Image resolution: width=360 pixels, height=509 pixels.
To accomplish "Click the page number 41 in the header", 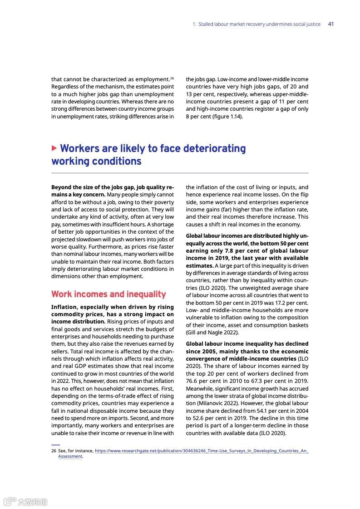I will (x=330, y=24).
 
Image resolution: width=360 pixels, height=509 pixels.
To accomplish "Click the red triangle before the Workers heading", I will (x=54, y=148).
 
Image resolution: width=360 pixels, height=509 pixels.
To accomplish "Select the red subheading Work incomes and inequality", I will (x=108, y=294).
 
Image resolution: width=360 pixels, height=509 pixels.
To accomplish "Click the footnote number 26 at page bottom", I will (x=54, y=451).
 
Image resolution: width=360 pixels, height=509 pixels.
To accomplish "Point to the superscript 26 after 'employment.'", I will (x=172, y=78).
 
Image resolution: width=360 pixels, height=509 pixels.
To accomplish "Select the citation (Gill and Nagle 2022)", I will (x=212, y=333).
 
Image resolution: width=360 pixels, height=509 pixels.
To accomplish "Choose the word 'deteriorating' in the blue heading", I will (x=210, y=149).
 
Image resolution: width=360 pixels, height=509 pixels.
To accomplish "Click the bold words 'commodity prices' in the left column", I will (x=73, y=314).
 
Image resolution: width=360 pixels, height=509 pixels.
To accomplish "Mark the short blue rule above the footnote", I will (x=55, y=445).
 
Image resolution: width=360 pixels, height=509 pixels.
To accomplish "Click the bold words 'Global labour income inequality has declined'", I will (x=247, y=344).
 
